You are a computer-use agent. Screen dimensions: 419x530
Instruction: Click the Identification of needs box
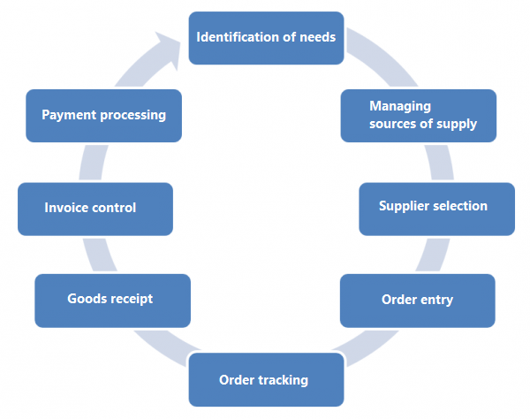(x=266, y=38)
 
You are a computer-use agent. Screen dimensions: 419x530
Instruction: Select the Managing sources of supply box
(x=418, y=115)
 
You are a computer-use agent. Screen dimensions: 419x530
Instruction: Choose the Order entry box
(x=417, y=301)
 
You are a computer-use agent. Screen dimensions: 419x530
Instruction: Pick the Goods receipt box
(x=112, y=301)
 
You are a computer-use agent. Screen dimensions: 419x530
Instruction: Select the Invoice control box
(x=95, y=209)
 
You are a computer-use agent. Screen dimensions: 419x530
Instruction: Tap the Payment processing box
(x=104, y=115)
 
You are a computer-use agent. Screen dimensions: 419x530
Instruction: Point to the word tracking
(x=283, y=380)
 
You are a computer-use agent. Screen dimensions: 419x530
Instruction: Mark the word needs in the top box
(x=316, y=38)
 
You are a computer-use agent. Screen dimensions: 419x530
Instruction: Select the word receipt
(x=131, y=299)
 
